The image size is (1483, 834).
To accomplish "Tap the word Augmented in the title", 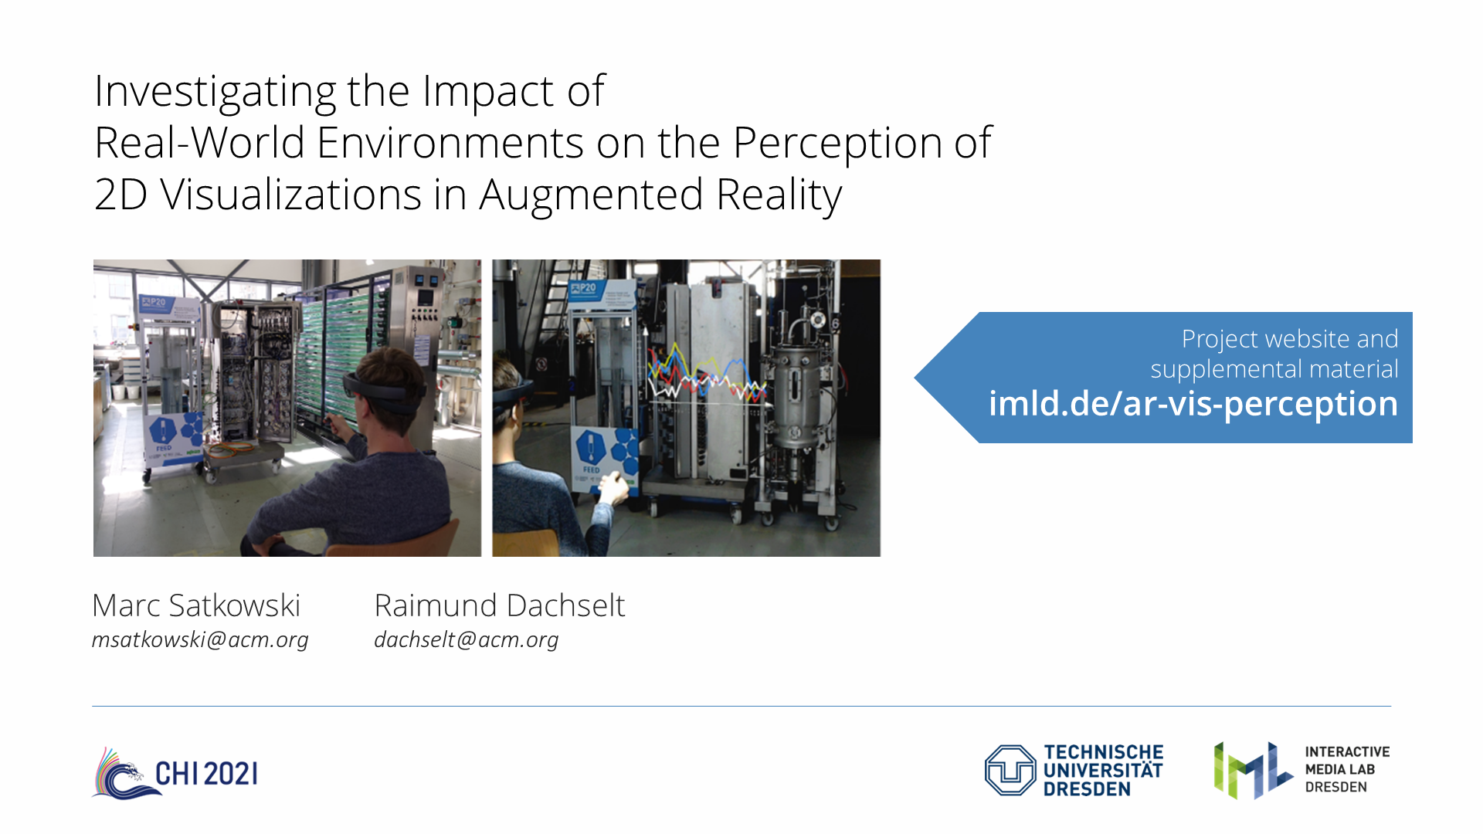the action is tap(591, 195).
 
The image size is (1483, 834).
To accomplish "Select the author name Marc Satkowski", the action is tap(196, 605).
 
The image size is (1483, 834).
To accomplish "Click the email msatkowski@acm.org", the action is tap(200, 639).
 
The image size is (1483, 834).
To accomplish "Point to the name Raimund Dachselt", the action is tap(500, 605).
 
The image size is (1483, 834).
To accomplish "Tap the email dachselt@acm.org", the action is tap(467, 639).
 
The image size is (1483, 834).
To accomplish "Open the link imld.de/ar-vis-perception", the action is tap(1193, 404).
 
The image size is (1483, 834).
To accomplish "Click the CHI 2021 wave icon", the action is tap(123, 773).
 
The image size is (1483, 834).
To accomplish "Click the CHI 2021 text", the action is tap(206, 774).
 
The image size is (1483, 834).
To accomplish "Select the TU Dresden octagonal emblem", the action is tap(1010, 770).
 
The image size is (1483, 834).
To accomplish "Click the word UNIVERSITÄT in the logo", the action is tap(1103, 771).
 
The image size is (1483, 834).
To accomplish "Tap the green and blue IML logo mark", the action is tap(1253, 770).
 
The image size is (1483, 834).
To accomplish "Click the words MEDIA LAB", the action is tap(1340, 769).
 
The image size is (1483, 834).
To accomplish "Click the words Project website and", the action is tap(1290, 339).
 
